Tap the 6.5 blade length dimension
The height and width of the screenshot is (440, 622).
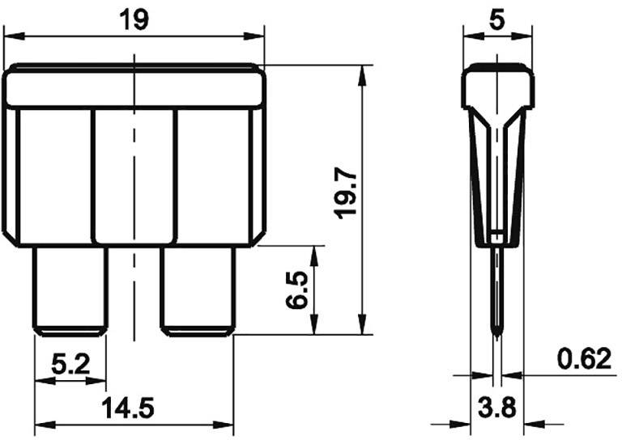(297, 290)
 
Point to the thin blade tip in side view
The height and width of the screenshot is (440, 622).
(497, 299)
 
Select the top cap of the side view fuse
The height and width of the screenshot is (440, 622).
(497, 89)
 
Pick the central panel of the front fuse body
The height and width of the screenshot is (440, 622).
(134, 174)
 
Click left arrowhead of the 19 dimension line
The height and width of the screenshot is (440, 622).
(10, 36)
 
